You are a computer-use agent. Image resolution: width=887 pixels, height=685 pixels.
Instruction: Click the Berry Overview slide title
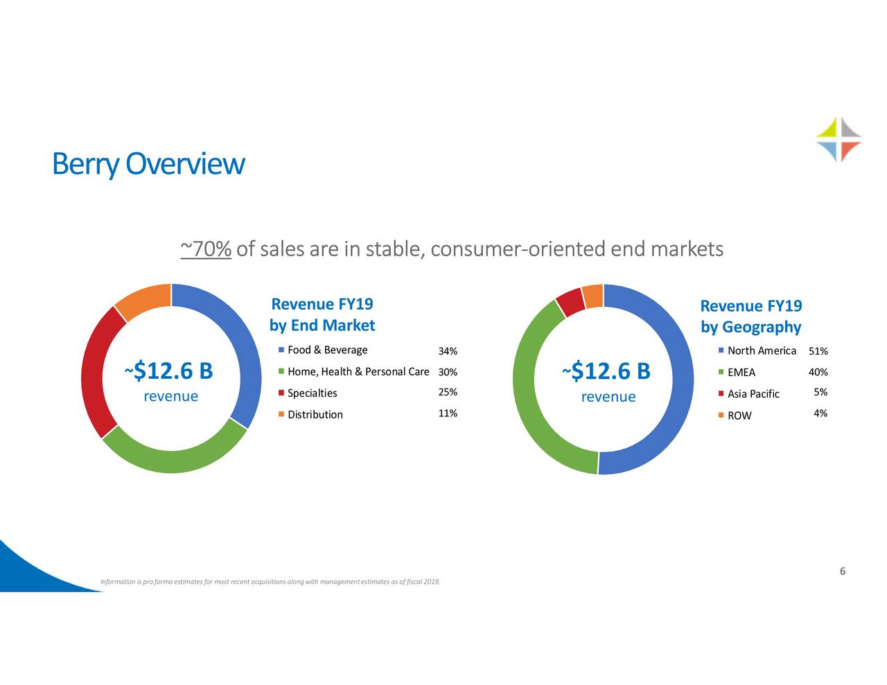[148, 164]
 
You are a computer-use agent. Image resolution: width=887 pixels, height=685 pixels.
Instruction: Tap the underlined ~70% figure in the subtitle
[205, 249]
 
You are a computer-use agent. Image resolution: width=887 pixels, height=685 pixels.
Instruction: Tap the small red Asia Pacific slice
[571, 303]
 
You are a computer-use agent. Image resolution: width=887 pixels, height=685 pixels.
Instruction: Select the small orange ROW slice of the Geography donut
[592, 296]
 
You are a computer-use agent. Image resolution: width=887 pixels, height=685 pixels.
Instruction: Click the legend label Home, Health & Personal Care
[358, 372]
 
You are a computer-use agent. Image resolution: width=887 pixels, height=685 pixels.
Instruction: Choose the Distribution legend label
[315, 415]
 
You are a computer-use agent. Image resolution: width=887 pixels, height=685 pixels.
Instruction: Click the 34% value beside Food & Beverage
[448, 351]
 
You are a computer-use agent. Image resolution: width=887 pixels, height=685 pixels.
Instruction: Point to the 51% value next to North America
[818, 351]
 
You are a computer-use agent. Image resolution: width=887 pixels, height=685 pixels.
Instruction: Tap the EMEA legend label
[741, 373]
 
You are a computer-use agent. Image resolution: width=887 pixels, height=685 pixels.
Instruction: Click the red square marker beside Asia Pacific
[721, 394]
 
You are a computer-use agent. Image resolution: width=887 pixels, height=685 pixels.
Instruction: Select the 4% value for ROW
[820, 414]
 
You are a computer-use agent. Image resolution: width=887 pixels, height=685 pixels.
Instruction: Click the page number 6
[842, 571]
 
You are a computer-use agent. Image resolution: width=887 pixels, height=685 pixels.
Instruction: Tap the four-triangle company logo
[838, 139]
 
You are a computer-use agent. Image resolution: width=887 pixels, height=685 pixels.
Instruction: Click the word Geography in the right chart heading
[761, 327]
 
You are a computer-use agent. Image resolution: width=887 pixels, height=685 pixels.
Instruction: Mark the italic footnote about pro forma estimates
[270, 581]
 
